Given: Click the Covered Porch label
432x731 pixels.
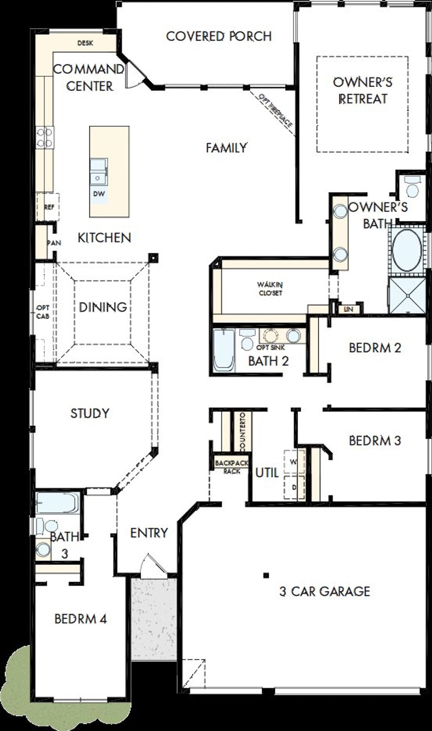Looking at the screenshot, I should (219, 36).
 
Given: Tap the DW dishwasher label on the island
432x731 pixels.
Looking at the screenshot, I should (99, 194).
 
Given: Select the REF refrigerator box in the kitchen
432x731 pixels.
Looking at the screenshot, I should (48, 207).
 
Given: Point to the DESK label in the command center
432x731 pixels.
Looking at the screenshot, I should (85, 43).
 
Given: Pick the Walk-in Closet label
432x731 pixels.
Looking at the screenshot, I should (270, 289).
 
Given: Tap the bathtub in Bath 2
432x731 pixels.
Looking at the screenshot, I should (223, 350).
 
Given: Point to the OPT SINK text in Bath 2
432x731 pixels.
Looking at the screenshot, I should (271, 347).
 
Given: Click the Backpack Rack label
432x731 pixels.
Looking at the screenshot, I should (232, 467).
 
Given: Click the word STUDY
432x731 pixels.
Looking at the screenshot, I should (90, 413).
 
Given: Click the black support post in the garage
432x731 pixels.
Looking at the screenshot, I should (266, 575).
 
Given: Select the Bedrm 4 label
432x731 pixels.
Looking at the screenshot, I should (81, 619).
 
